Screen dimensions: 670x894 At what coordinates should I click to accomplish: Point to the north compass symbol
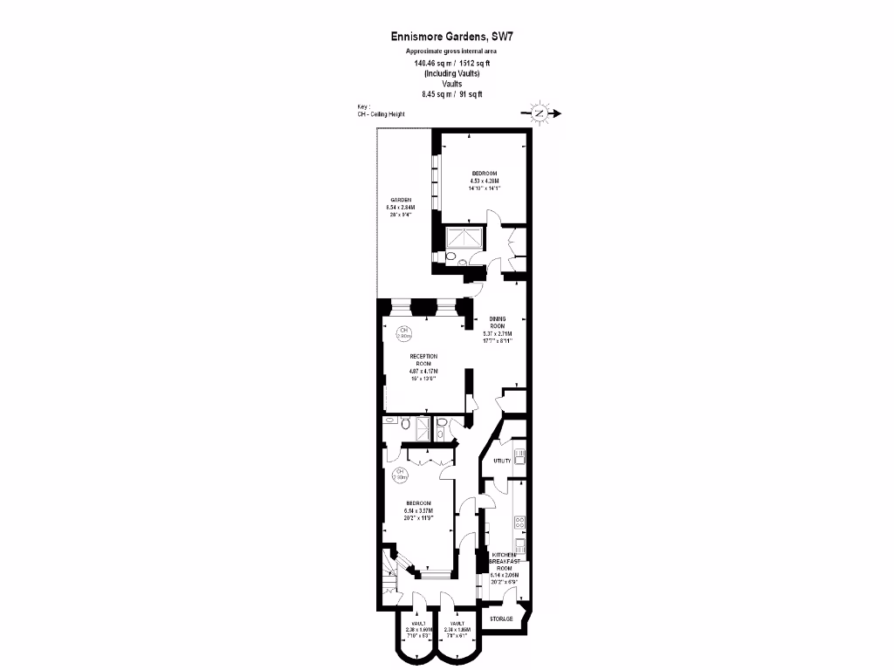click(540, 113)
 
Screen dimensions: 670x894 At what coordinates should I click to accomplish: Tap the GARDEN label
click(402, 200)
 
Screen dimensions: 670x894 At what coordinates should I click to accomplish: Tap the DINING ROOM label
click(498, 322)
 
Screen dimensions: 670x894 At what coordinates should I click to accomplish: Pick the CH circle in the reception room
click(403, 333)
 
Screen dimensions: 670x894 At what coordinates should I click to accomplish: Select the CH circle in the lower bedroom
click(400, 475)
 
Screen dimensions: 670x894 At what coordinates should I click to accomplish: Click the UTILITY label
click(502, 460)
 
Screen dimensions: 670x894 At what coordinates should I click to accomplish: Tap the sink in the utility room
click(519, 455)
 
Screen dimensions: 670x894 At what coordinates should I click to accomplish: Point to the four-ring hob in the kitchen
click(519, 523)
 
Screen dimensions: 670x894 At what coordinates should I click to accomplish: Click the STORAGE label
click(501, 619)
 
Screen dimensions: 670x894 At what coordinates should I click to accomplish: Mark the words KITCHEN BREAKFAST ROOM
click(507, 562)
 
